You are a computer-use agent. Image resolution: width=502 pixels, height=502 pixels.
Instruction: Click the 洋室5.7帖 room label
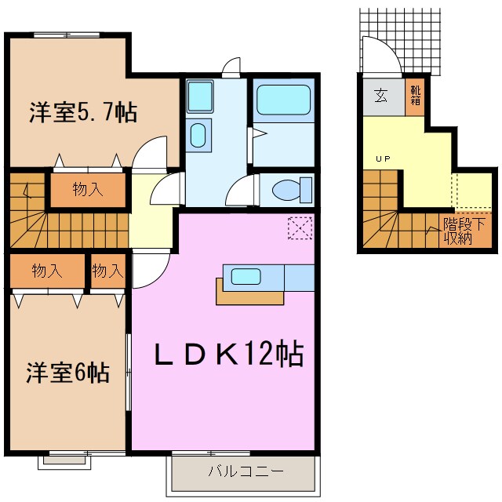[x=83, y=113]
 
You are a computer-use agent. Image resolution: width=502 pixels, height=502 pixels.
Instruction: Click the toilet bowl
[x=288, y=190]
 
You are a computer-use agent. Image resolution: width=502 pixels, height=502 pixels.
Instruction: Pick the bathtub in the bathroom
[x=283, y=100]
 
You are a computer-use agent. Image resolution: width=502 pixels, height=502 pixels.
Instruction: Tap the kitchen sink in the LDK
[x=246, y=276]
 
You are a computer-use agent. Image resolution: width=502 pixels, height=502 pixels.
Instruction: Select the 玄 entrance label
[x=380, y=96]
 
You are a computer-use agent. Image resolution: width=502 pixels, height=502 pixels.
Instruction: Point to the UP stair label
[x=383, y=159]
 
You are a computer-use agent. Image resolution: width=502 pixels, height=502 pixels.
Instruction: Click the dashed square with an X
[x=300, y=228]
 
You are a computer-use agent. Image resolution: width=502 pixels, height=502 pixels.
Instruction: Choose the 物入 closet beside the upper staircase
[x=87, y=189]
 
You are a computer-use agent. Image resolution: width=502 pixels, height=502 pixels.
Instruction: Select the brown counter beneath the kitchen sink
[x=249, y=296]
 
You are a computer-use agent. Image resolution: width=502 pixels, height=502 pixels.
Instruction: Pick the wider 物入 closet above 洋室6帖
[x=47, y=271]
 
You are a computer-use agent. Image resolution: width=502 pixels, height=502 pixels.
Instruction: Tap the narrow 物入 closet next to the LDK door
[x=107, y=271]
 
